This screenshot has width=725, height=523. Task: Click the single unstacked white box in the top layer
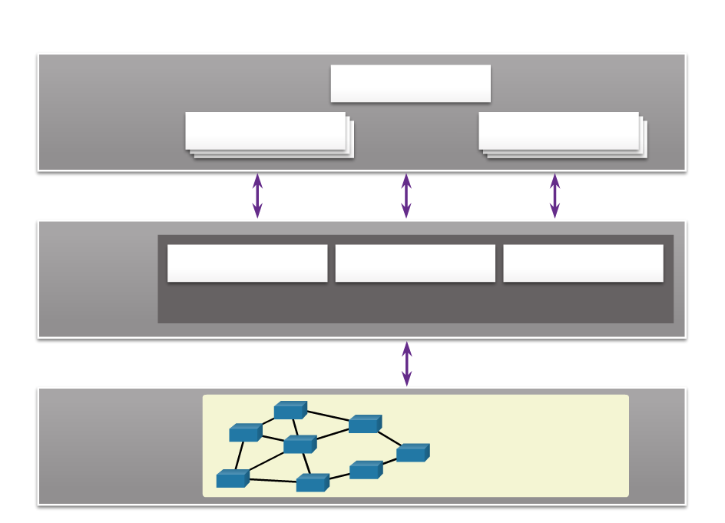click(410, 83)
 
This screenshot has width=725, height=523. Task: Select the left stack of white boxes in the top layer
click(266, 131)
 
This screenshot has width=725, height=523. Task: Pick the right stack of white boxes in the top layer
click(559, 131)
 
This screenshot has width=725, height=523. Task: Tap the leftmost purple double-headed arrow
click(257, 196)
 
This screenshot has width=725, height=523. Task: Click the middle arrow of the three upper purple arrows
click(406, 196)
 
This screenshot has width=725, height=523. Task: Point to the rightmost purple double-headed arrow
click(555, 196)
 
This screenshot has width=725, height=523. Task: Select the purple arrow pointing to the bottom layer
click(407, 363)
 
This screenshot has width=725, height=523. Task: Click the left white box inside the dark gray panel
click(247, 263)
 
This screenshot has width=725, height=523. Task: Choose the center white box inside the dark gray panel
click(415, 263)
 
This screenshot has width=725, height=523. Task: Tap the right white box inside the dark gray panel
click(583, 263)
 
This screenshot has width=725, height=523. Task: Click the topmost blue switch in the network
click(290, 411)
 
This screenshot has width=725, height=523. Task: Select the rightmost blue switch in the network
click(412, 453)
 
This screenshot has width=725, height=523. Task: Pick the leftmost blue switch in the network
click(232, 479)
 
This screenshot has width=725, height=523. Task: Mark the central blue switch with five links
click(300, 445)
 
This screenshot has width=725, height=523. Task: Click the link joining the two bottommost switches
click(272, 481)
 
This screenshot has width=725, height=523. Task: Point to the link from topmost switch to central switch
click(294, 427)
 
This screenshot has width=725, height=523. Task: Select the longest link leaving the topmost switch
click(328, 417)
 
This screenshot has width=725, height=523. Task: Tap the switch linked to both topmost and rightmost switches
click(365, 424)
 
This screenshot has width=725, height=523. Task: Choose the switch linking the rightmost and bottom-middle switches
click(366, 470)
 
